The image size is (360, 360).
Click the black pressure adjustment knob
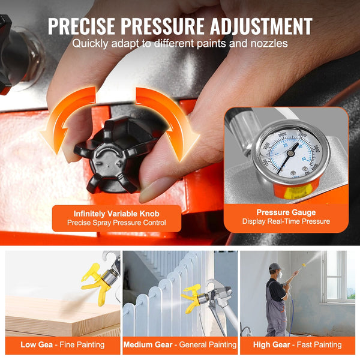pos(114,155)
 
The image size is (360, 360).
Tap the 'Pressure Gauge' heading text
pos(286,211)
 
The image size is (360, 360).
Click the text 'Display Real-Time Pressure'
pos(286,221)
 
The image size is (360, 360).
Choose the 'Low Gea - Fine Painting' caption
pos(62,344)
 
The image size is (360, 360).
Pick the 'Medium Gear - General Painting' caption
pos(179,344)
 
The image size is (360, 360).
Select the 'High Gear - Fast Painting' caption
pos(298,344)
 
